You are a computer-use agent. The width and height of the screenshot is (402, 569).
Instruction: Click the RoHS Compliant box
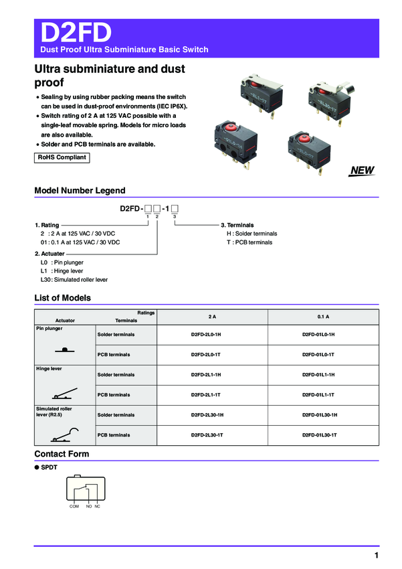pos(62,158)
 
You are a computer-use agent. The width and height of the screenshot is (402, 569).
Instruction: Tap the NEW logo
pos(362,171)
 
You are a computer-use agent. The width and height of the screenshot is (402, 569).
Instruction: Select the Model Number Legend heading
pos(80,191)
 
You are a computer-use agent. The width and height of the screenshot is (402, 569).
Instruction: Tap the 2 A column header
pos(213,316)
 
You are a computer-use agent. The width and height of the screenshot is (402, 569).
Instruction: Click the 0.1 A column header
pos(323,316)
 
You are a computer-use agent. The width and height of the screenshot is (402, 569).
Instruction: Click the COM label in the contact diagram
pos(74,506)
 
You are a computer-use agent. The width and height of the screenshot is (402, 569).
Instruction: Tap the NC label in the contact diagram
pos(97,506)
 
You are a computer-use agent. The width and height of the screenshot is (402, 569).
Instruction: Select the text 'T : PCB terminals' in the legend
pos(249,242)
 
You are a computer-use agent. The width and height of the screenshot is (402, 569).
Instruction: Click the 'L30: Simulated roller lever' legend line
pos(74,279)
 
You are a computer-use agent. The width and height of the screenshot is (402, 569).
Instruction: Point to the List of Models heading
pos(62,298)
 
